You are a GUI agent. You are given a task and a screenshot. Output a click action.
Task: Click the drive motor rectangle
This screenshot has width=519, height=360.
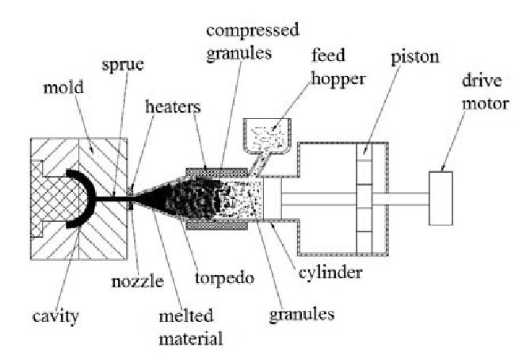[x=441, y=198]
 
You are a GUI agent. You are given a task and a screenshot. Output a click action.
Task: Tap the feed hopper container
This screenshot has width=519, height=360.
[x=268, y=136]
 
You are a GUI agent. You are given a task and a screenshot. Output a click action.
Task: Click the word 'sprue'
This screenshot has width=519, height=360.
[x=123, y=64]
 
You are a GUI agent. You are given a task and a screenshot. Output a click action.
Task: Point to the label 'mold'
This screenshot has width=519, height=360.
[x=63, y=87]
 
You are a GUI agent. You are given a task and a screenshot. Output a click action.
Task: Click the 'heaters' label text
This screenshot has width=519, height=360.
[x=173, y=107]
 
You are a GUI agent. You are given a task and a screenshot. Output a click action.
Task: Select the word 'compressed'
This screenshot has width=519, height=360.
[x=253, y=30]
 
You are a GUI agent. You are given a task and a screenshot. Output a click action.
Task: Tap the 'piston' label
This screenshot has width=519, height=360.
[x=415, y=58]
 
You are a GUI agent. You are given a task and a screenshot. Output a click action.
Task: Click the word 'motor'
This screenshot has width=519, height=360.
[x=485, y=104]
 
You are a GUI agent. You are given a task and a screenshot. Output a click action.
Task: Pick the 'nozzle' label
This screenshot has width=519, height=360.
[x=137, y=281]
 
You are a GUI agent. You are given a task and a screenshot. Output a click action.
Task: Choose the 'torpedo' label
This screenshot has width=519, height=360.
[x=225, y=278]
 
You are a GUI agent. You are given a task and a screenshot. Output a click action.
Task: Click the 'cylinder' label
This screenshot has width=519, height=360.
[x=330, y=273]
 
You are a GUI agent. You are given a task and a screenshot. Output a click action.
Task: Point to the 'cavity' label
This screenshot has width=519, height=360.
[x=55, y=316]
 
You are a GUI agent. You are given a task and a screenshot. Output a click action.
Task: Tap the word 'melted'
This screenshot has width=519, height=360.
[x=186, y=316]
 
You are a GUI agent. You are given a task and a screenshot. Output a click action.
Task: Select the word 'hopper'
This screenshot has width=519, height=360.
[x=338, y=79]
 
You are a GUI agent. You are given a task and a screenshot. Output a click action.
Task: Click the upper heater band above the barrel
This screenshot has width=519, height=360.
[x=217, y=173]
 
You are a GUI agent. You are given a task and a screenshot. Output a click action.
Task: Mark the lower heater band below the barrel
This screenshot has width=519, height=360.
[x=217, y=225]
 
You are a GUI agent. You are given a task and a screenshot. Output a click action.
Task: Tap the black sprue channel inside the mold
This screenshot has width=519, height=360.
[x=112, y=199]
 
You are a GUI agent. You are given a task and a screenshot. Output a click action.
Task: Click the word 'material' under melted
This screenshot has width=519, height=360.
[x=191, y=339]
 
